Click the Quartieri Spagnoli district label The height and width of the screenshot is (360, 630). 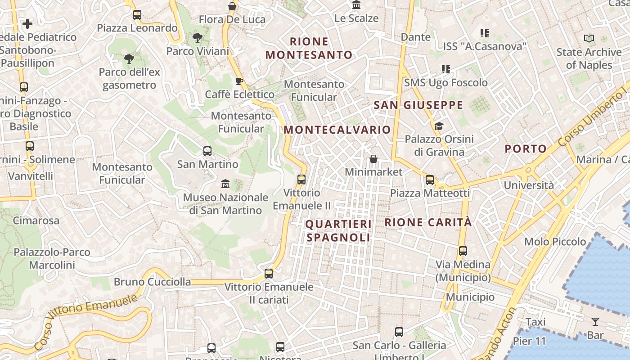pyautogui.click(x=338, y=230)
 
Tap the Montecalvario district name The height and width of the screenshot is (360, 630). pyautogui.click(x=337, y=130)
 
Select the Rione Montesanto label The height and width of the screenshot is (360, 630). pyautogui.click(x=309, y=48)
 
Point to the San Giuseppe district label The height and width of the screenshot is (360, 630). pyautogui.click(x=418, y=105)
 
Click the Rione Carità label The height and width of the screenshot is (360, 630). pyautogui.click(x=428, y=222)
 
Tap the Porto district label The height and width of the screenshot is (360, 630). pyautogui.click(x=526, y=148)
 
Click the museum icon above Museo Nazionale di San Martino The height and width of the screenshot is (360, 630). pyautogui.click(x=225, y=184)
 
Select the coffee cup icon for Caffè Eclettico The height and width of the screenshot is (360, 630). pyautogui.click(x=239, y=81)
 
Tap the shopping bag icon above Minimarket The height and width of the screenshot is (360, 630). pyautogui.click(x=373, y=159)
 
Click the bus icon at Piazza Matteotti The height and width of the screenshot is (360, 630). pyautogui.click(x=430, y=180)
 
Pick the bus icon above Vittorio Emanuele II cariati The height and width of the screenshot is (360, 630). pyautogui.click(x=269, y=273)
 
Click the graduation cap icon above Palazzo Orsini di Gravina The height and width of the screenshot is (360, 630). pyautogui.click(x=439, y=126)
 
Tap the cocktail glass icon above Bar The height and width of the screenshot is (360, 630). pyautogui.click(x=595, y=322)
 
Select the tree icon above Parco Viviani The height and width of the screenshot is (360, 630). pyautogui.click(x=197, y=38)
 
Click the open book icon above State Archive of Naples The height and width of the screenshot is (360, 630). pyautogui.click(x=589, y=39)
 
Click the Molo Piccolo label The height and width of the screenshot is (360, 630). pyautogui.click(x=555, y=242)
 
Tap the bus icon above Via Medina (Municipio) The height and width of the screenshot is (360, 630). pyautogui.click(x=463, y=251)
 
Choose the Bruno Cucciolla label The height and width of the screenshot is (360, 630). pyautogui.click(x=152, y=282)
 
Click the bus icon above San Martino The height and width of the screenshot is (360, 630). pyautogui.click(x=207, y=151)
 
